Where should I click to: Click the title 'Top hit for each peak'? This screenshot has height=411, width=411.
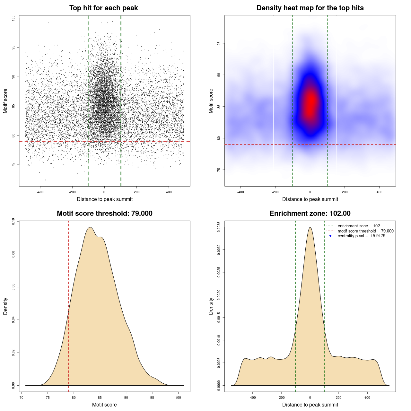coord(103,8)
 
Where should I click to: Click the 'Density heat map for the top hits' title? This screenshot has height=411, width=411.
coord(310,8)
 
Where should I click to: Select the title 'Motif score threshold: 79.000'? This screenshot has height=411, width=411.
coord(104,214)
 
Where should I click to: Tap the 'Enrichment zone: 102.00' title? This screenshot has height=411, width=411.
coord(310,214)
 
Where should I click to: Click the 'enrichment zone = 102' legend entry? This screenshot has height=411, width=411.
coord(359,226)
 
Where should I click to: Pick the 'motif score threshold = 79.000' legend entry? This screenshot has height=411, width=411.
coord(365,231)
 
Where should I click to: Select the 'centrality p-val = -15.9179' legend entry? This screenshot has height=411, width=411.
coord(361,236)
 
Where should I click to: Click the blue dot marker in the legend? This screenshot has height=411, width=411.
coord(330,236)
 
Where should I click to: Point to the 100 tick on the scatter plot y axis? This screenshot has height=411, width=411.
coord(13,18)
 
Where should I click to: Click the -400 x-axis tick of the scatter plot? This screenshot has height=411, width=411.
coord(40,192)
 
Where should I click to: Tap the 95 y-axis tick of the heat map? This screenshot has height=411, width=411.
coord(219,43)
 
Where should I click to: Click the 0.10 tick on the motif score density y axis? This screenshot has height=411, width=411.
coord(13,221)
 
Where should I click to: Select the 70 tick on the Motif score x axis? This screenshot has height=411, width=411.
coord(22,398)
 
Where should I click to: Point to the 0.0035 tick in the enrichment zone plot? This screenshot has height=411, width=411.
coord(219,227)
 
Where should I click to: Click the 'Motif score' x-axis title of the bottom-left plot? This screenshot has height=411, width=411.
coord(104,405)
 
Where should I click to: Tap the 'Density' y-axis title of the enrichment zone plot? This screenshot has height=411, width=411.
coord(211,306)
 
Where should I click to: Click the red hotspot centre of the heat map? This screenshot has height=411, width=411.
coord(310,103)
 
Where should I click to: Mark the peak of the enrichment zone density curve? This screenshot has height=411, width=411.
coord(310,227)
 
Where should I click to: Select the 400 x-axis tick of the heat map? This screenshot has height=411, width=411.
coord(379,192)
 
